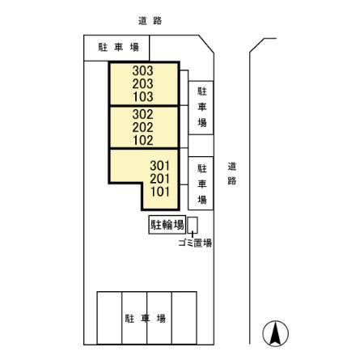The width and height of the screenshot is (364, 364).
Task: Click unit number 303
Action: [142, 71]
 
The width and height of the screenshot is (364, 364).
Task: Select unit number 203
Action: [142, 84]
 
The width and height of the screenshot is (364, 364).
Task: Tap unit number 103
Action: [143, 97]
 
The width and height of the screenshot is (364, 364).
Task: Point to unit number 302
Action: [142, 115]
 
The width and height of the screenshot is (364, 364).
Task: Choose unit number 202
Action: [142, 128]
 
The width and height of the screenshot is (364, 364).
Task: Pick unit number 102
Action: [143, 141]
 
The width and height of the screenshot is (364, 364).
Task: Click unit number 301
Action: [160, 166]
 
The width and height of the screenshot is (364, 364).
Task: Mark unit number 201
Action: [160, 179]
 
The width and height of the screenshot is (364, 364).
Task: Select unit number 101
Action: [160, 192]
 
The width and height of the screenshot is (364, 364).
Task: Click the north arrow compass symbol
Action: [275, 333]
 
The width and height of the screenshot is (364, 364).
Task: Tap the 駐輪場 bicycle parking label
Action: [167, 224]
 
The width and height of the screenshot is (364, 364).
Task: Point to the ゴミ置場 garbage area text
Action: [195, 243]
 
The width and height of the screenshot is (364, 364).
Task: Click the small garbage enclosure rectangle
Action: [193, 225]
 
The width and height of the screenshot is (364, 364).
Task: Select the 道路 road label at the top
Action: [150, 21]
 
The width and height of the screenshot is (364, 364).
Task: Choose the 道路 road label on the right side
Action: [232, 173]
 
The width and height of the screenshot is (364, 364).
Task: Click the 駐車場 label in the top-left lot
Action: [118, 48]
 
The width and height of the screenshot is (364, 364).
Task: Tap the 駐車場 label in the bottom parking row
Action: [146, 319]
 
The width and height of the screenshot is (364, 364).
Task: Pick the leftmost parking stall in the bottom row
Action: [109, 318]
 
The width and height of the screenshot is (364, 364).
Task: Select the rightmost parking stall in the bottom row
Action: [184, 318]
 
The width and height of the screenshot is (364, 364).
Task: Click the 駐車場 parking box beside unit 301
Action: [201, 184]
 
